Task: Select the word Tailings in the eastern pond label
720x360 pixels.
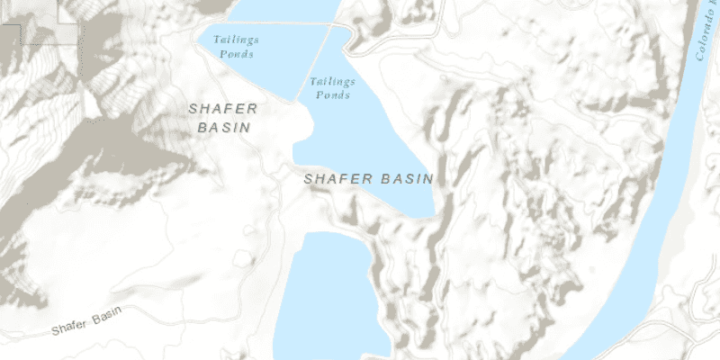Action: [x=330, y=81]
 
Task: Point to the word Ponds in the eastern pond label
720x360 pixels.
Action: [x=332, y=94]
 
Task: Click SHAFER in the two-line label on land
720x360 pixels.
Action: [x=223, y=109]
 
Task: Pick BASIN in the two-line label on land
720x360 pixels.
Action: [x=223, y=128]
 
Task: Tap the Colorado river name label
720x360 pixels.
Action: [x=706, y=40]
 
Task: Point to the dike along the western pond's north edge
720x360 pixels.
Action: [x=270, y=23]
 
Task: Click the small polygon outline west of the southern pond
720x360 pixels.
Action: [x=242, y=260]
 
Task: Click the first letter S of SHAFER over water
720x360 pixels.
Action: [x=309, y=179]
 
